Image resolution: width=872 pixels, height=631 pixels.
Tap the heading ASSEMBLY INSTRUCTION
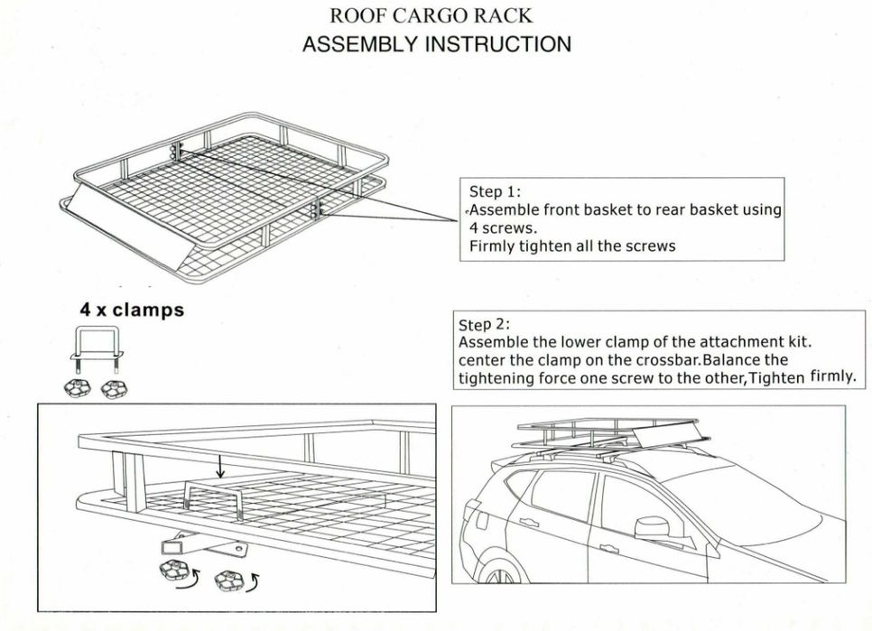coord(436,44)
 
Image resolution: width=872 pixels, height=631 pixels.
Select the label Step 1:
coord(496,191)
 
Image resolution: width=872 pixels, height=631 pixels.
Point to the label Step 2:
coord(485,324)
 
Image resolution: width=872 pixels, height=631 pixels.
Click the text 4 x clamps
coord(132,310)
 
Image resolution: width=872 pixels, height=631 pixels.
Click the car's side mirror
coord(649,526)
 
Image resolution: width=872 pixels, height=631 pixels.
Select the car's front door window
coord(628,503)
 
